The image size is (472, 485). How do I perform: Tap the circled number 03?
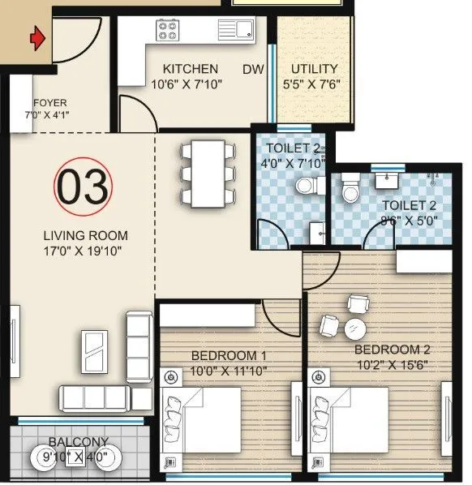tap(84, 187)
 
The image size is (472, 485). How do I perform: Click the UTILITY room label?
tap(315, 70)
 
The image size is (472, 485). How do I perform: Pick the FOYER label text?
tap(50, 103)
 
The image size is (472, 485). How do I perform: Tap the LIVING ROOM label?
tap(85, 235)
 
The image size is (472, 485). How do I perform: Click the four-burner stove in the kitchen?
tap(168, 31)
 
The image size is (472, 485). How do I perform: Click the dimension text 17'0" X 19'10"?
tap(85, 251)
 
